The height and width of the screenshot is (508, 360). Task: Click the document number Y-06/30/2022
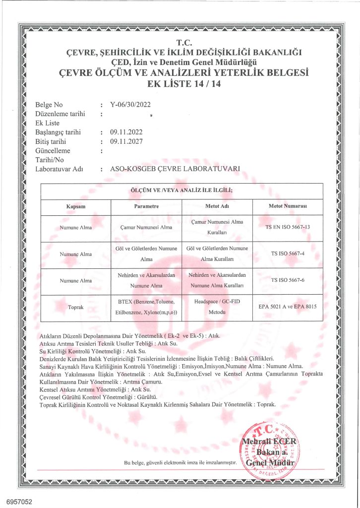(x=130, y=105)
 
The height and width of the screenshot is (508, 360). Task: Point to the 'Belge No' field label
(x=50, y=105)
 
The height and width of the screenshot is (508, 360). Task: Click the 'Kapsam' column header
(x=76, y=206)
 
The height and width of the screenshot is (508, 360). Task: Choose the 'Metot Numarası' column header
(x=288, y=206)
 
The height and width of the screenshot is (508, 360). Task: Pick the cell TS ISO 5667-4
(x=288, y=254)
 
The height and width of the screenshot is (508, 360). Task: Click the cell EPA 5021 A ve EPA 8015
(x=288, y=307)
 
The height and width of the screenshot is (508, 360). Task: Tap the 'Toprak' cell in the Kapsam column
(x=76, y=308)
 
